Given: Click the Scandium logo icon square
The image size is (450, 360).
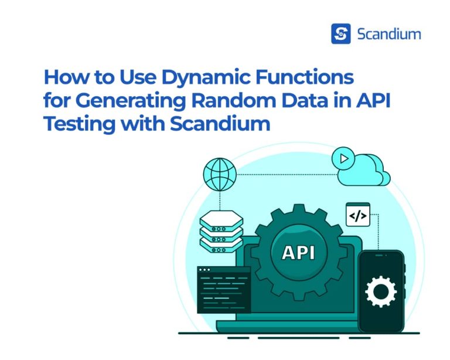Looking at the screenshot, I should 340,33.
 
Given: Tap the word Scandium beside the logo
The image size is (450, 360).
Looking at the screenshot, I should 388,34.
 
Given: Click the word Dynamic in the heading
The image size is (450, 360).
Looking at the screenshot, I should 193,78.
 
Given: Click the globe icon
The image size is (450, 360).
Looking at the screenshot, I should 220,174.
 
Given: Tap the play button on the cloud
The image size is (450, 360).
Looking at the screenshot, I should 343,158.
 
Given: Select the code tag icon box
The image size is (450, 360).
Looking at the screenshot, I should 358,215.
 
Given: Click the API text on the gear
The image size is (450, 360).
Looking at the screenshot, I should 298,252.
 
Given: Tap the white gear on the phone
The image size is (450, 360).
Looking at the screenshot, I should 380,292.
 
